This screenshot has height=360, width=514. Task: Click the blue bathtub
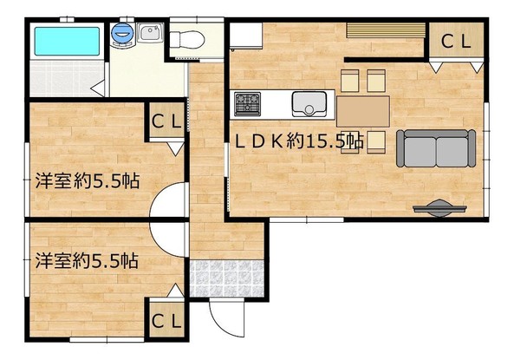point(67,42)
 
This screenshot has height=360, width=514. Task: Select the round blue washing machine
point(122,33)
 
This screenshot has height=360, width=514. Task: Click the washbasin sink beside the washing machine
point(150,32)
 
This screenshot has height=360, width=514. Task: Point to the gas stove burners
point(248,104)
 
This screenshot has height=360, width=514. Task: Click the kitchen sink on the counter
point(309,104)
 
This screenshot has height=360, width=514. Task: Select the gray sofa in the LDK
point(436,148)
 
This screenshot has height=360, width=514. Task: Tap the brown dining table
point(363,111)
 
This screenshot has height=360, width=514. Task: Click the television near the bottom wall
point(439,208)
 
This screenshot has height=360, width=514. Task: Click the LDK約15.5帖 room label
point(299,141)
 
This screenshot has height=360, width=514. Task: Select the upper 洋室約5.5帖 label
point(88,180)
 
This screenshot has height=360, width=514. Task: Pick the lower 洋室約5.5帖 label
point(87,260)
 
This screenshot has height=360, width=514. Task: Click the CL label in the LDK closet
point(456,42)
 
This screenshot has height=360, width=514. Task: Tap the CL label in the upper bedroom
point(166,121)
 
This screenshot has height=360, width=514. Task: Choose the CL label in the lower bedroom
point(166,321)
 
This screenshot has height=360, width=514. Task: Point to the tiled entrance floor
point(227,278)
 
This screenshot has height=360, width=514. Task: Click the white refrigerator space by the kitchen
point(246,36)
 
